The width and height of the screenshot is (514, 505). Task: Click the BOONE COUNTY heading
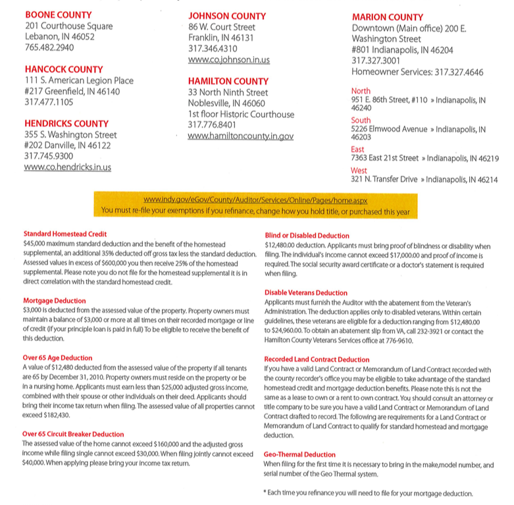pyautogui.click(x=58, y=14)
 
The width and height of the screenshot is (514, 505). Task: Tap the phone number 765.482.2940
pyautogui.click(x=49, y=47)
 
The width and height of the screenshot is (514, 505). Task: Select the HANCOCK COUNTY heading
pyautogui.click(x=64, y=69)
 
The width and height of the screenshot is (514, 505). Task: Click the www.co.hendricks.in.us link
pyautogui.click(x=68, y=167)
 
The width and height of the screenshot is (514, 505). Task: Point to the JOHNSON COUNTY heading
pyautogui.click(x=228, y=16)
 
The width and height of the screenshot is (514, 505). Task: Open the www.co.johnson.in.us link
pyautogui.click(x=228, y=60)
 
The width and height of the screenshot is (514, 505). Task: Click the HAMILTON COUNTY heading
pyautogui.click(x=228, y=81)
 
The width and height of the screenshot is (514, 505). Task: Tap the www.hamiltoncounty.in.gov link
pyautogui.click(x=241, y=136)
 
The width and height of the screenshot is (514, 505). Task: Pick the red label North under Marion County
pyautogui.click(x=361, y=91)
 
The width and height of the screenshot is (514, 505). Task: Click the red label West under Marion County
pyautogui.click(x=359, y=171)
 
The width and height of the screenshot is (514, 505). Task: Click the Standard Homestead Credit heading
pyautogui.click(x=64, y=234)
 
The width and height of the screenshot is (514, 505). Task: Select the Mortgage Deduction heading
pyautogui.click(x=54, y=300)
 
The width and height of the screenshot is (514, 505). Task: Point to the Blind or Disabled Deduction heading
pyautogui.click(x=307, y=235)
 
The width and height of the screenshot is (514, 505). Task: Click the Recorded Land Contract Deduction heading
pyautogui.click(x=317, y=359)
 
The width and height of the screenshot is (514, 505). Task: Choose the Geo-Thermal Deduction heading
pyautogui.click(x=299, y=454)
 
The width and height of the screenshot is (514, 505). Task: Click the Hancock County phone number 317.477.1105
pyautogui.click(x=49, y=102)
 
